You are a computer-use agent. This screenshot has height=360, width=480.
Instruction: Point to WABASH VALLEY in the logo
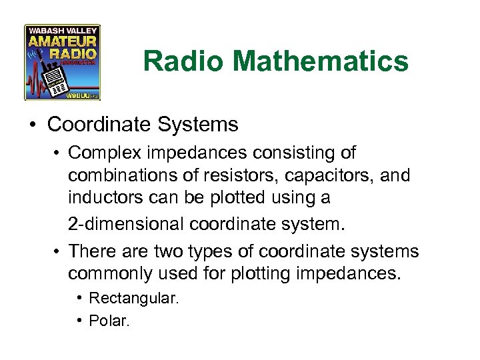tap(62, 31)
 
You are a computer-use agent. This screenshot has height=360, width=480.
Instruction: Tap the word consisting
tap(297, 153)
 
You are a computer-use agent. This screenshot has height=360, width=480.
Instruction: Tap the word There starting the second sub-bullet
tap(91, 251)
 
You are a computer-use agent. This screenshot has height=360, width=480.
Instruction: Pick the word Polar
tap(109, 321)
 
